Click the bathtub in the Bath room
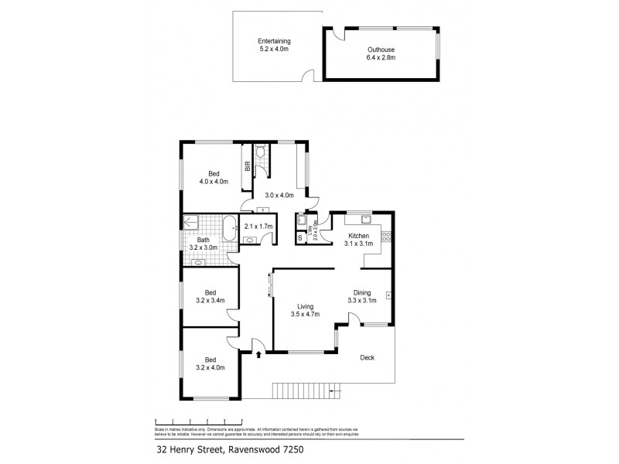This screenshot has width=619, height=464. point(230,228)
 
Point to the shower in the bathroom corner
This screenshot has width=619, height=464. point(193,223)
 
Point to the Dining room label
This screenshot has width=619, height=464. point(361,296)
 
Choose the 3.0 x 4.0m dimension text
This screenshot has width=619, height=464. point(279,196)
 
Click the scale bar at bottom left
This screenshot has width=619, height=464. point(193,419)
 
